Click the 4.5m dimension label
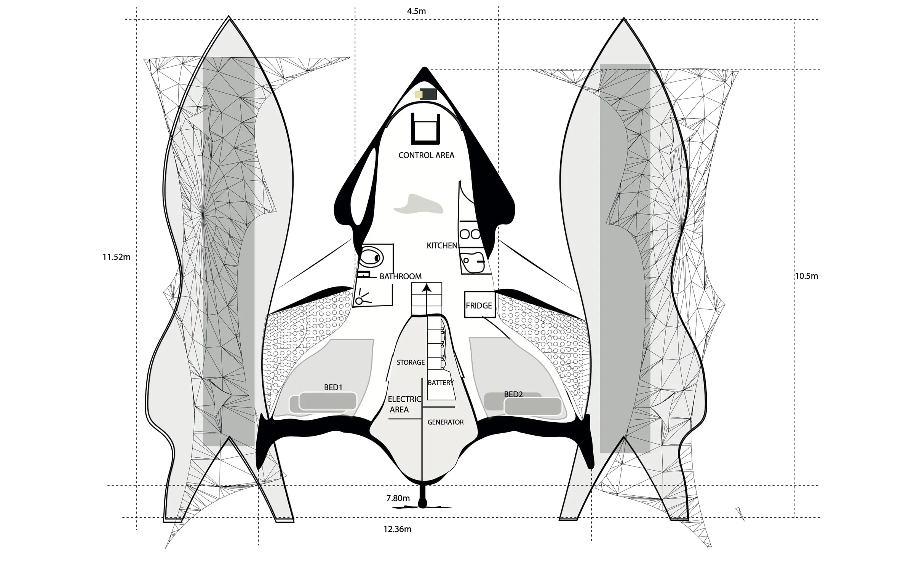point(416,11)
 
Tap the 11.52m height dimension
point(116,257)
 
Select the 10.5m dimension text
point(807,276)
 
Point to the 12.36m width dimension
point(397,529)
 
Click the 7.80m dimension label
point(398,498)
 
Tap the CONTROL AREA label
point(426,155)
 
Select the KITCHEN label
point(442,245)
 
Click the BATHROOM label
point(400,276)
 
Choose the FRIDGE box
point(479,305)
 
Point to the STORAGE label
point(411,362)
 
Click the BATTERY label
point(441,382)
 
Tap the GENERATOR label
point(446,422)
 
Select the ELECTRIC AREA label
point(404,404)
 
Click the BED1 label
point(333,387)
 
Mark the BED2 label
point(513,394)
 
